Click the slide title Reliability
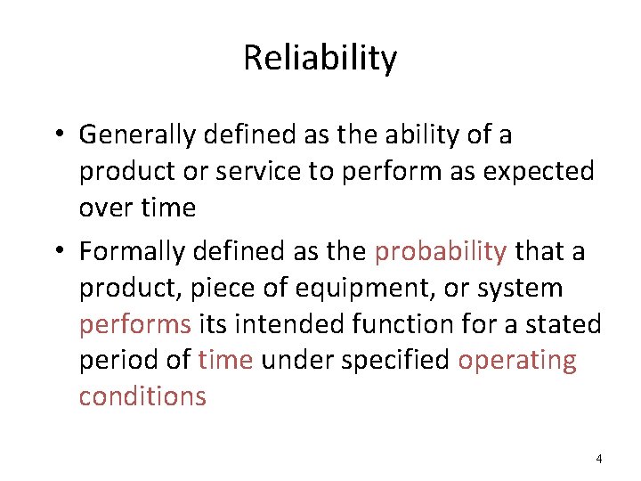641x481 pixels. click(x=320, y=59)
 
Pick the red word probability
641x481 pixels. click(x=441, y=252)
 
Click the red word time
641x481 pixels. click(x=226, y=360)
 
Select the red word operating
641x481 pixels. click(x=517, y=360)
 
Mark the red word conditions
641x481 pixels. click(x=142, y=395)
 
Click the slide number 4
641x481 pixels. click(x=598, y=459)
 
